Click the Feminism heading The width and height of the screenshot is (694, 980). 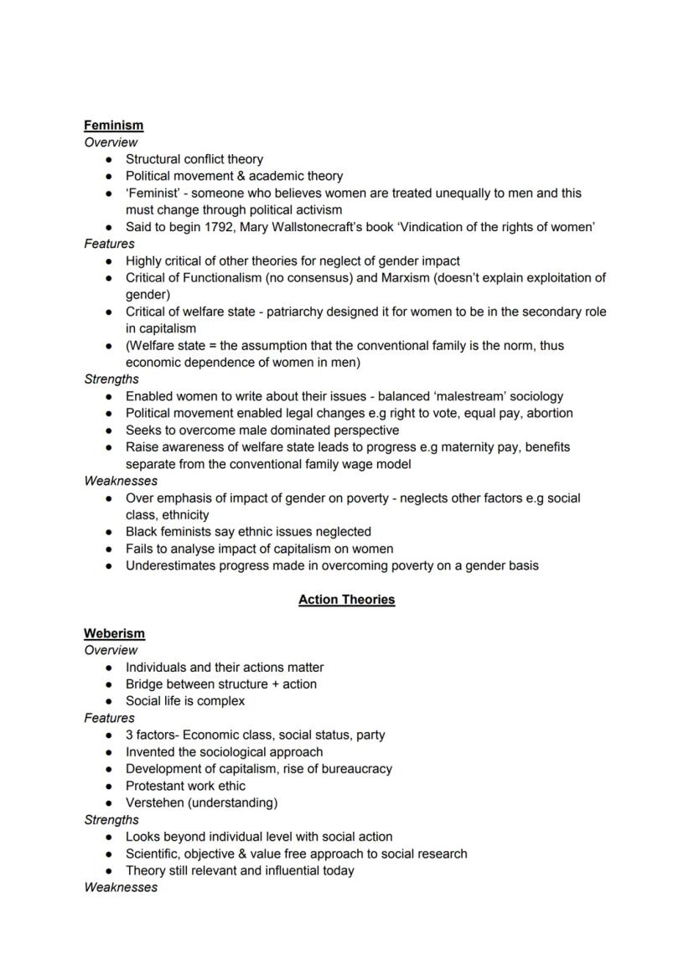click(113, 125)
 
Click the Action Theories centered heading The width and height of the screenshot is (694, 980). click(346, 599)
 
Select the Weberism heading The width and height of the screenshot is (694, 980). click(114, 633)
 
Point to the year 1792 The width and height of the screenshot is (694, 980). click(218, 227)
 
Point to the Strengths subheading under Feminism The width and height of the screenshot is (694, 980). click(111, 379)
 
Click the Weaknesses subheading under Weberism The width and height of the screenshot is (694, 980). click(121, 887)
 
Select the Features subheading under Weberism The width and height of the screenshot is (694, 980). click(109, 718)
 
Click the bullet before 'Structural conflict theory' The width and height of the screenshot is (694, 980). click(109, 159)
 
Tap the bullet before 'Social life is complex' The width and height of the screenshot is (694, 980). click(109, 701)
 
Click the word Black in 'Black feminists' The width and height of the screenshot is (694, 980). click(142, 531)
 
